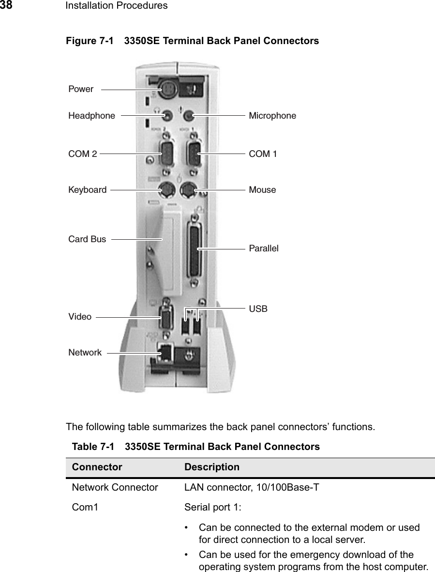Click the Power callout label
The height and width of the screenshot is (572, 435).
point(81,89)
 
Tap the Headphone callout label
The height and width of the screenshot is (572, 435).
point(92,116)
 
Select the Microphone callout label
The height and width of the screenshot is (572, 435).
point(272,116)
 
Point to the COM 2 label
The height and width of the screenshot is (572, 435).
point(83,154)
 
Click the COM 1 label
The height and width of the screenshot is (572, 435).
point(263,154)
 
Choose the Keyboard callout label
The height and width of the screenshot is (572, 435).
point(88,190)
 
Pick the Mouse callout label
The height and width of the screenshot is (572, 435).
point(263,190)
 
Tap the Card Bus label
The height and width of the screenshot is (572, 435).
point(87,239)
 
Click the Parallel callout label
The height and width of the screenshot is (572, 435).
point(264,248)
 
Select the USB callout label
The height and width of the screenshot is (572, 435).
point(258,309)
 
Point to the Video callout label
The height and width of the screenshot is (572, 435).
point(80,317)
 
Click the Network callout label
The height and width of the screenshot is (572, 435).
point(85,353)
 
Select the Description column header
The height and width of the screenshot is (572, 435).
point(211,467)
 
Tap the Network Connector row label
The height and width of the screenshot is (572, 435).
point(115,488)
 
